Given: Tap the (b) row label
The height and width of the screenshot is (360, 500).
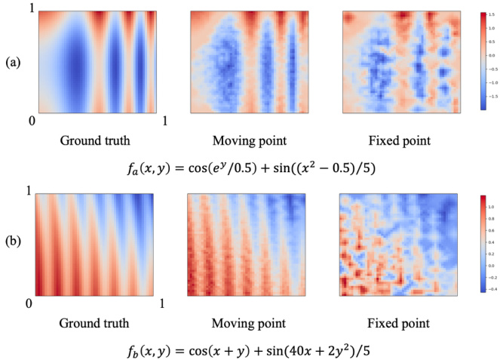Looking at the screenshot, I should (x=12, y=245).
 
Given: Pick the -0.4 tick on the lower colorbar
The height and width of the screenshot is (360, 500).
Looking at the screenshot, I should (x=491, y=288).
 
